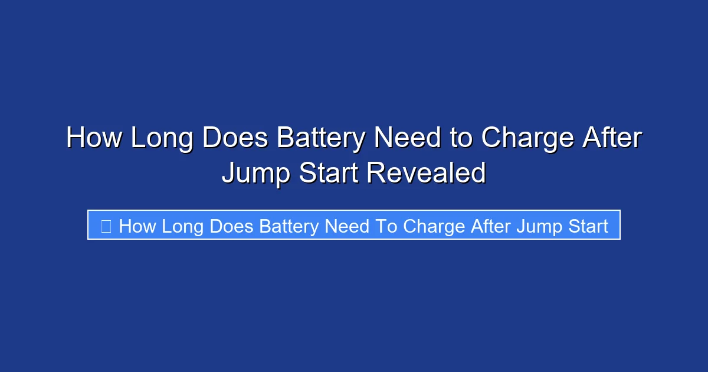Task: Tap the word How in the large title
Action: tap(94, 138)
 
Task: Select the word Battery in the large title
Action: tap(322, 138)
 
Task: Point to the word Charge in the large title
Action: tap(527, 138)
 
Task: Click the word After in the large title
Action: tap(612, 138)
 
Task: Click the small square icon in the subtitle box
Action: tap(106, 226)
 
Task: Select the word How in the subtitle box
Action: tap(137, 226)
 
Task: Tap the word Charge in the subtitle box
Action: tap(435, 226)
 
